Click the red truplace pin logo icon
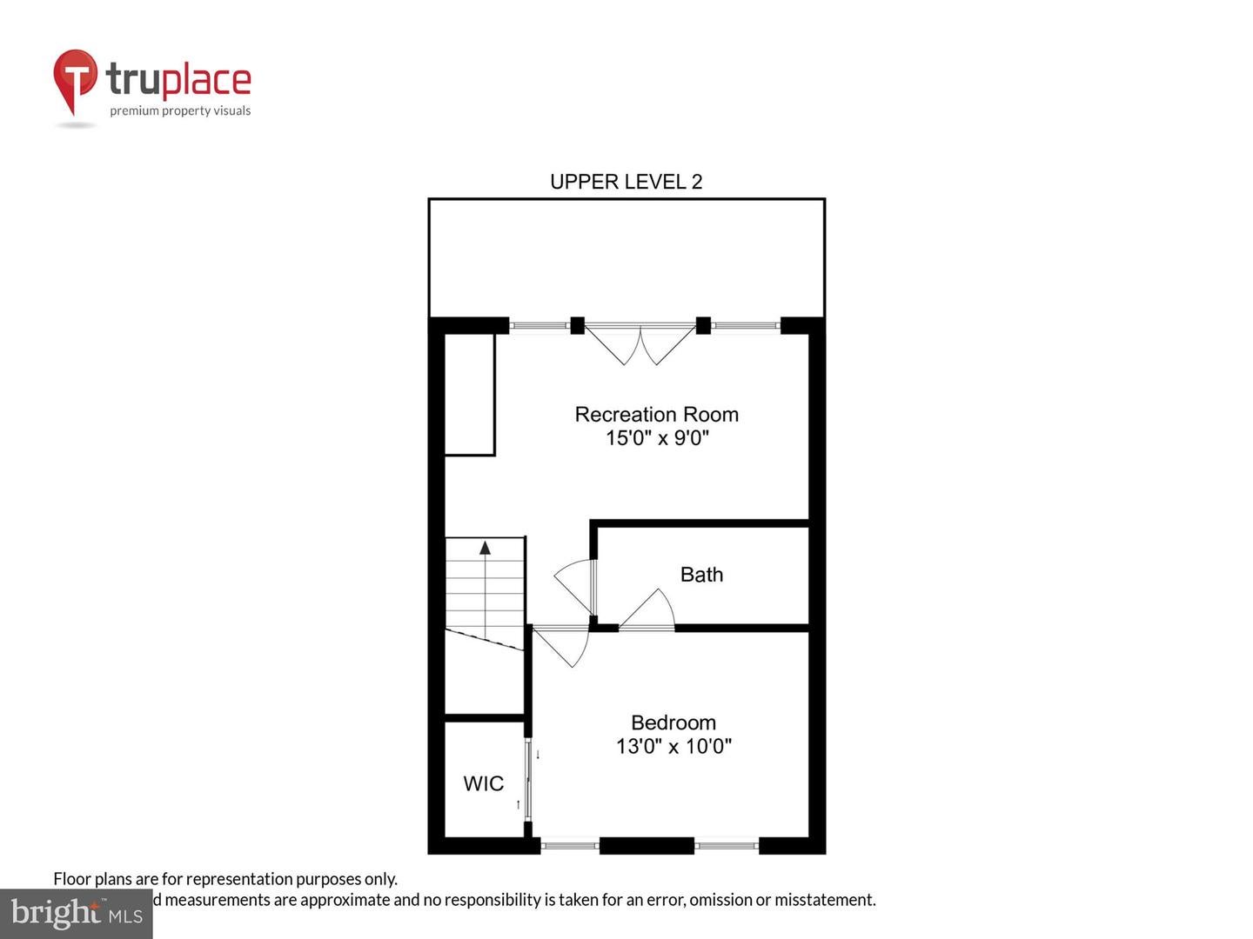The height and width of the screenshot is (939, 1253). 75,81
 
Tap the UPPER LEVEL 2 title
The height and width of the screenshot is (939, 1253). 626,182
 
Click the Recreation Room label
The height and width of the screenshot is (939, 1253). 656,415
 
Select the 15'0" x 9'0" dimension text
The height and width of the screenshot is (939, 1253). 657,438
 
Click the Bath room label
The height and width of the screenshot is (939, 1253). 701,575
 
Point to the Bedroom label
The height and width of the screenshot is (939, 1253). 673,723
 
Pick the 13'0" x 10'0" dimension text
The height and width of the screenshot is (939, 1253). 673,746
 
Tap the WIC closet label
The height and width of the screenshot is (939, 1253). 483,783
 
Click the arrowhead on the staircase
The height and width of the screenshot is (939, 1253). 485,548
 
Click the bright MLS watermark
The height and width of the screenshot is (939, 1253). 77,913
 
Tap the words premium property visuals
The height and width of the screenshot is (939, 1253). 180,110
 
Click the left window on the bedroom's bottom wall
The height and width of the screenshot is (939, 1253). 570,843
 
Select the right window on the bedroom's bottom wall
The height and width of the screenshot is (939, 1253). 727,843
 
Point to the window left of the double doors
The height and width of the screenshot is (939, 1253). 539,326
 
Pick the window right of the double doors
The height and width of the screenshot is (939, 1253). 745,326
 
